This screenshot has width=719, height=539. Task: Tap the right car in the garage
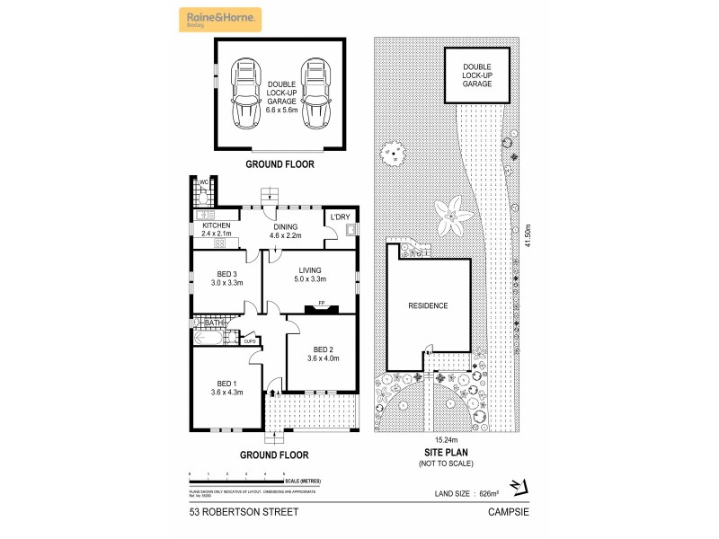[x=314, y=93]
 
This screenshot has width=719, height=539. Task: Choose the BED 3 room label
[x=226, y=278]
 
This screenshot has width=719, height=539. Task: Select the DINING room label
[x=286, y=231]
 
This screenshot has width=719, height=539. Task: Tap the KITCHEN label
[x=215, y=229]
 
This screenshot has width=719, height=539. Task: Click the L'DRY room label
[x=340, y=217]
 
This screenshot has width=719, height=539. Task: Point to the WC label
[x=204, y=182]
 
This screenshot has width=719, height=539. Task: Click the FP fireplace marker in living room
[x=321, y=304]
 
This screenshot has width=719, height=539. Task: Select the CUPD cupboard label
[x=250, y=340]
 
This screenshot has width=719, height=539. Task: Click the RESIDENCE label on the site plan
[x=428, y=305]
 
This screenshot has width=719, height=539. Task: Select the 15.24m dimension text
[x=446, y=440]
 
